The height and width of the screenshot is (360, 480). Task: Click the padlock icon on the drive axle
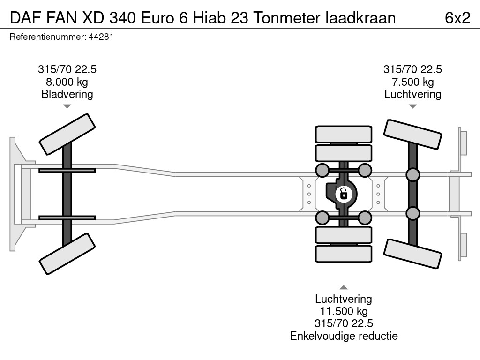[344, 194]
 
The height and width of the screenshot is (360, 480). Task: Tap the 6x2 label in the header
[457, 18]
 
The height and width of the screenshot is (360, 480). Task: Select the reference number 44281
[101, 37]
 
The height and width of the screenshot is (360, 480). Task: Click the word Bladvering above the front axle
[67, 94]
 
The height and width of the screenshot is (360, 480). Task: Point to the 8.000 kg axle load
[67, 82]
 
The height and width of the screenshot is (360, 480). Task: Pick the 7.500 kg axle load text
[412, 82]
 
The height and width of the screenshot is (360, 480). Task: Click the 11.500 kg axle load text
[344, 311]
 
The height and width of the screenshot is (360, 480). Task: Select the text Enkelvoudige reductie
[344, 336]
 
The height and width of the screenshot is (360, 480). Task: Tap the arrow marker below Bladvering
[67, 106]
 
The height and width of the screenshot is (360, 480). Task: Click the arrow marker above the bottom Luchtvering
[344, 287]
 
